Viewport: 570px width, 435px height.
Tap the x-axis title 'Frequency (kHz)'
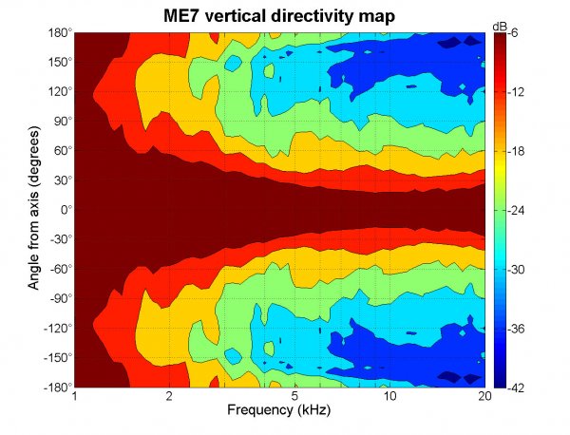[x=279, y=410]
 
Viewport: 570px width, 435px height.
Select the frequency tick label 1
[x=74, y=397]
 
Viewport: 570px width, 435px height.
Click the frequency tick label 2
[x=169, y=397]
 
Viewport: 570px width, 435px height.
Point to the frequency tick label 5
[x=294, y=397]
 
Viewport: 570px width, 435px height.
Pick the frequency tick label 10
[x=389, y=397]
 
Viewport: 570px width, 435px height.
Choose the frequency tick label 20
[x=484, y=397]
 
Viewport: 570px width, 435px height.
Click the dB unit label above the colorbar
[x=501, y=23]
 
